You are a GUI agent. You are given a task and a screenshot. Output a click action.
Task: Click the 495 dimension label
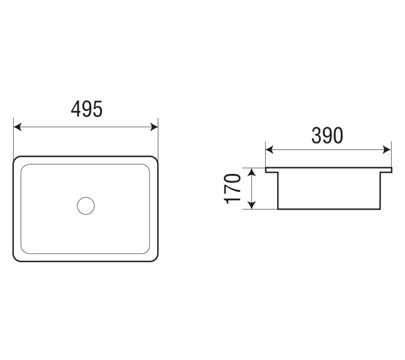87,109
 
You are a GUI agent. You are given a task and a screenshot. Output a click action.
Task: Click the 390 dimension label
327,136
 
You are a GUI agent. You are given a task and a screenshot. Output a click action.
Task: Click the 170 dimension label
232,189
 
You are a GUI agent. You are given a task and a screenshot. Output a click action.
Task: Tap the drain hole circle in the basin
86,206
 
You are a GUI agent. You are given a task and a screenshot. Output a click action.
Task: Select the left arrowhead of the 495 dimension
17,127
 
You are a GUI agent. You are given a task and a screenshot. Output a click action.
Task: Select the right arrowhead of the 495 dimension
154,127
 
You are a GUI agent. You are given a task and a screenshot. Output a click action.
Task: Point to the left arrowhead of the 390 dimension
269,149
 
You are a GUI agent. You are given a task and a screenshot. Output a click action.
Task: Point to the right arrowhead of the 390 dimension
387,149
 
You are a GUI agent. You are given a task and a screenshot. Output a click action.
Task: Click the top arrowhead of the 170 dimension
251,172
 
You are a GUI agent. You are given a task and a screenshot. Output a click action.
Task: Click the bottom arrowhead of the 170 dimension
251,205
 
